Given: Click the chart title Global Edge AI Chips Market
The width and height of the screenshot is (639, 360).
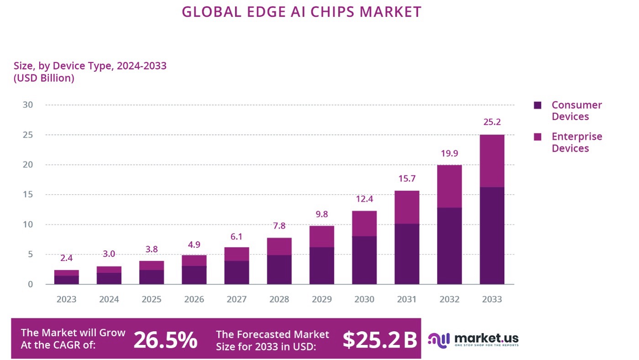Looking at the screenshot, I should (301, 11).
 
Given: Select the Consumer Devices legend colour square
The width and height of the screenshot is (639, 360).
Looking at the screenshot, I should (537, 105).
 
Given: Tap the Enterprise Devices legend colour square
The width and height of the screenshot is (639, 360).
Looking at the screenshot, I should (537, 137).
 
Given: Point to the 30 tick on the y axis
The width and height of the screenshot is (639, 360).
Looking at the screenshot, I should (28, 105).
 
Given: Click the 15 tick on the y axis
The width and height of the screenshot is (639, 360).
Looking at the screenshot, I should (28, 195).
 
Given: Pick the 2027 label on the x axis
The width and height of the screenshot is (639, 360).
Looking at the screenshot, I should (237, 300).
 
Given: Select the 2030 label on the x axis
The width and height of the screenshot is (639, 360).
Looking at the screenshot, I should (364, 300).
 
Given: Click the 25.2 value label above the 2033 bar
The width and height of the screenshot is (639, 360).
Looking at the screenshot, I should (492, 122).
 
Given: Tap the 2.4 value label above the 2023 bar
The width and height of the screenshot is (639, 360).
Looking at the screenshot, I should (67, 258).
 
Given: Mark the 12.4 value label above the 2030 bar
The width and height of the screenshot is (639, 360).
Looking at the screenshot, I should (364, 199).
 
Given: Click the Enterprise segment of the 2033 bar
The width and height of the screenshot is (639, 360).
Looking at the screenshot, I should (492, 161).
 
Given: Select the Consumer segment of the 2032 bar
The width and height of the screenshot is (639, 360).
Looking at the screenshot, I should (449, 246).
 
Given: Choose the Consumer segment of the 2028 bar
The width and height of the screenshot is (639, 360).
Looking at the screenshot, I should (279, 270).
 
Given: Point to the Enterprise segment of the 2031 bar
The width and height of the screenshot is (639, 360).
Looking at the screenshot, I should (407, 207).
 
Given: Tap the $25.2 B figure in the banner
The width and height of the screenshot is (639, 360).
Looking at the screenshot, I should (380, 339).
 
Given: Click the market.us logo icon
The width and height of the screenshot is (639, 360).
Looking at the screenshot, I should (438, 339).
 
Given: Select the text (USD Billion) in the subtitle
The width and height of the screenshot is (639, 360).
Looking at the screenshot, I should (44, 78).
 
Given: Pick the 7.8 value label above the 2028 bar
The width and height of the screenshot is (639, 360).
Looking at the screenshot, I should (279, 226).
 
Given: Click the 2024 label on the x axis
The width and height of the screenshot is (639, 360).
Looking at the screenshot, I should (109, 300).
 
